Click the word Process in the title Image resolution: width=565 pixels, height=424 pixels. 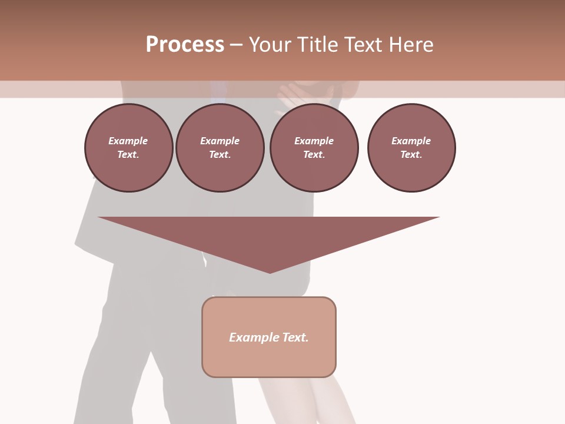(x=185, y=45)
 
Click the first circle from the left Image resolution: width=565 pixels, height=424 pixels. (x=129, y=148)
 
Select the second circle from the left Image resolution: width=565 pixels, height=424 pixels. (x=220, y=148)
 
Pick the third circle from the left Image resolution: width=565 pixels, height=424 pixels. (x=314, y=148)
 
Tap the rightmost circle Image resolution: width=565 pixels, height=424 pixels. (x=411, y=148)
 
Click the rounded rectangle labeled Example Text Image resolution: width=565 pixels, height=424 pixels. (x=269, y=337)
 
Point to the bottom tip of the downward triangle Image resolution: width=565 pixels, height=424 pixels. (x=270, y=273)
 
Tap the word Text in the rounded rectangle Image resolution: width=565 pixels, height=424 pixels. (x=296, y=337)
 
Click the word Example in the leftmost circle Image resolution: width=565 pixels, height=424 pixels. (x=128, y=141)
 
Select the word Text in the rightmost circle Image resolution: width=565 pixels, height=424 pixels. (x=411, y=154)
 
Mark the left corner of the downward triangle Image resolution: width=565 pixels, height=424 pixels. (x=99, y=218)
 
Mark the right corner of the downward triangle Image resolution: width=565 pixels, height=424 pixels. (x=438, y=218)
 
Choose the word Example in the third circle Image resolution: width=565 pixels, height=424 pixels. (x=314, y=141)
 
